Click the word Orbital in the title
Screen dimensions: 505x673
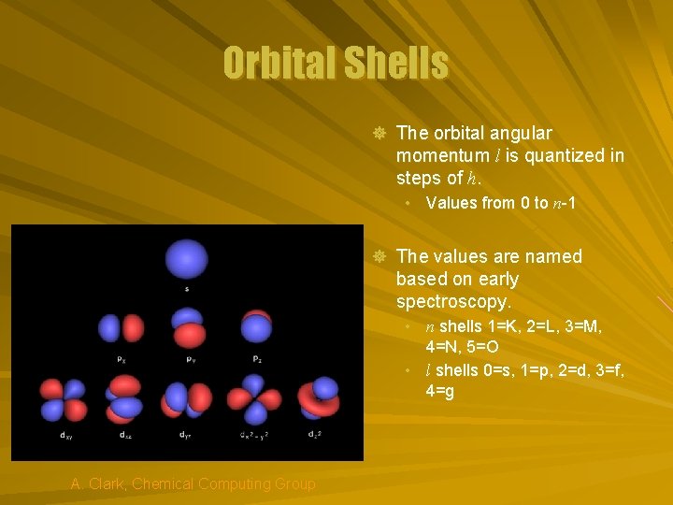[279, 64]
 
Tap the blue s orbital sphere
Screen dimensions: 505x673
[186, 259]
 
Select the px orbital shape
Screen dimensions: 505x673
[122, 329]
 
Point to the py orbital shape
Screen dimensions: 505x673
[188, 329]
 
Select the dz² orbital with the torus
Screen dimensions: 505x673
[318, 397]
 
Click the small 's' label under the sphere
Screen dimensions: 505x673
[186, 289]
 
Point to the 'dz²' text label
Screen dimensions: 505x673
[317, 434]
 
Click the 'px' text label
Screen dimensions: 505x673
[122, 359]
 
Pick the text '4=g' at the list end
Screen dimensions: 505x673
[439, 392]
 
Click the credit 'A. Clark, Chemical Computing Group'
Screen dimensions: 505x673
[193, 483]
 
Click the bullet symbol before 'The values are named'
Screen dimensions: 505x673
[379, 256]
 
